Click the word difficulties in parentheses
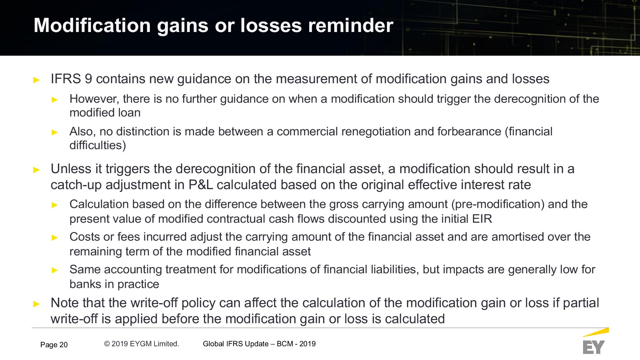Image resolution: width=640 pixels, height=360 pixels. pos(98,145)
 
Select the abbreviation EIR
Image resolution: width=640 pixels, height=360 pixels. pos(482,219)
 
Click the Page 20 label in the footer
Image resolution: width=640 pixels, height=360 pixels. pos(54,345)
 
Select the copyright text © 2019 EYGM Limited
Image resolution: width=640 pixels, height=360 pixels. pos(141,344)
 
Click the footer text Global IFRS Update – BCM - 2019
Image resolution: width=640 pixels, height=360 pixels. pos(259,344)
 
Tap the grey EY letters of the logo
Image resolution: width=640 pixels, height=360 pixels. pos(594,347)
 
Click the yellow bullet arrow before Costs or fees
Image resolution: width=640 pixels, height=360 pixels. pos(55,237)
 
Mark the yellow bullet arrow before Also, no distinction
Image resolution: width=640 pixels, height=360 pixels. pos(55,132)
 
